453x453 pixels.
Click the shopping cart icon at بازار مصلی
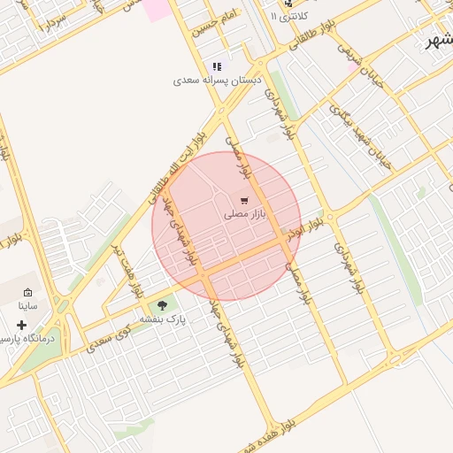click(x=244, y=200)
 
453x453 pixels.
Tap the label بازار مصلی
click(x=245, y=214)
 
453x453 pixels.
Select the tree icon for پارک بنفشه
click(x=161, y=305)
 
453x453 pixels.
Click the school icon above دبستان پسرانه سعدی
click(x=217, y=66)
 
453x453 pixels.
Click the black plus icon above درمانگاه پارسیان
click(x=21, y=325)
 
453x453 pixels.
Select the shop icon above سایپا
click(x=27, y=292)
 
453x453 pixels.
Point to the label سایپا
click(x=27, y=305)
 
